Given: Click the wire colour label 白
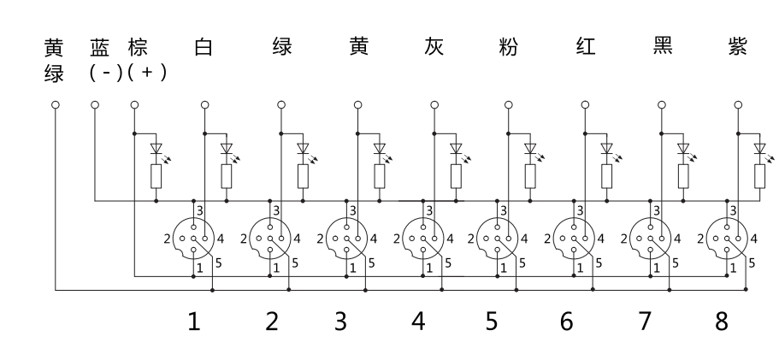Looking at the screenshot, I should pos(204,48).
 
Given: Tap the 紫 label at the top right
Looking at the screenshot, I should pos(738,48).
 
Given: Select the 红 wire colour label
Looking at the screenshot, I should pos(586,48).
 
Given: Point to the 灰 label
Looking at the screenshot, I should pos(434,48).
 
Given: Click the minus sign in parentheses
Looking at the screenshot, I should pos(106,74).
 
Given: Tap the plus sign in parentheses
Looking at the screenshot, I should pos(146,74).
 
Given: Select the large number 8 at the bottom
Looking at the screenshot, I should pos(722,322).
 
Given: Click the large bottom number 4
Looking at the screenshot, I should pos(418,322).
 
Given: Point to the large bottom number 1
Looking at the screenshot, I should pos(195,322).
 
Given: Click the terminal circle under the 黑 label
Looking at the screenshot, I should pos(661,105).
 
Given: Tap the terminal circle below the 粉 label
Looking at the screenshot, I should pos(510,105).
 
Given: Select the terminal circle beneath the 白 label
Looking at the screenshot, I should pos(204,105).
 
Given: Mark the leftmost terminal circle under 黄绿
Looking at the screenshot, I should pos(56,105).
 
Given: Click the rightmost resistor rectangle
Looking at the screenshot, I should pos(759,176).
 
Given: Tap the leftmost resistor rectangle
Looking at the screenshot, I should pos(156,176).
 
